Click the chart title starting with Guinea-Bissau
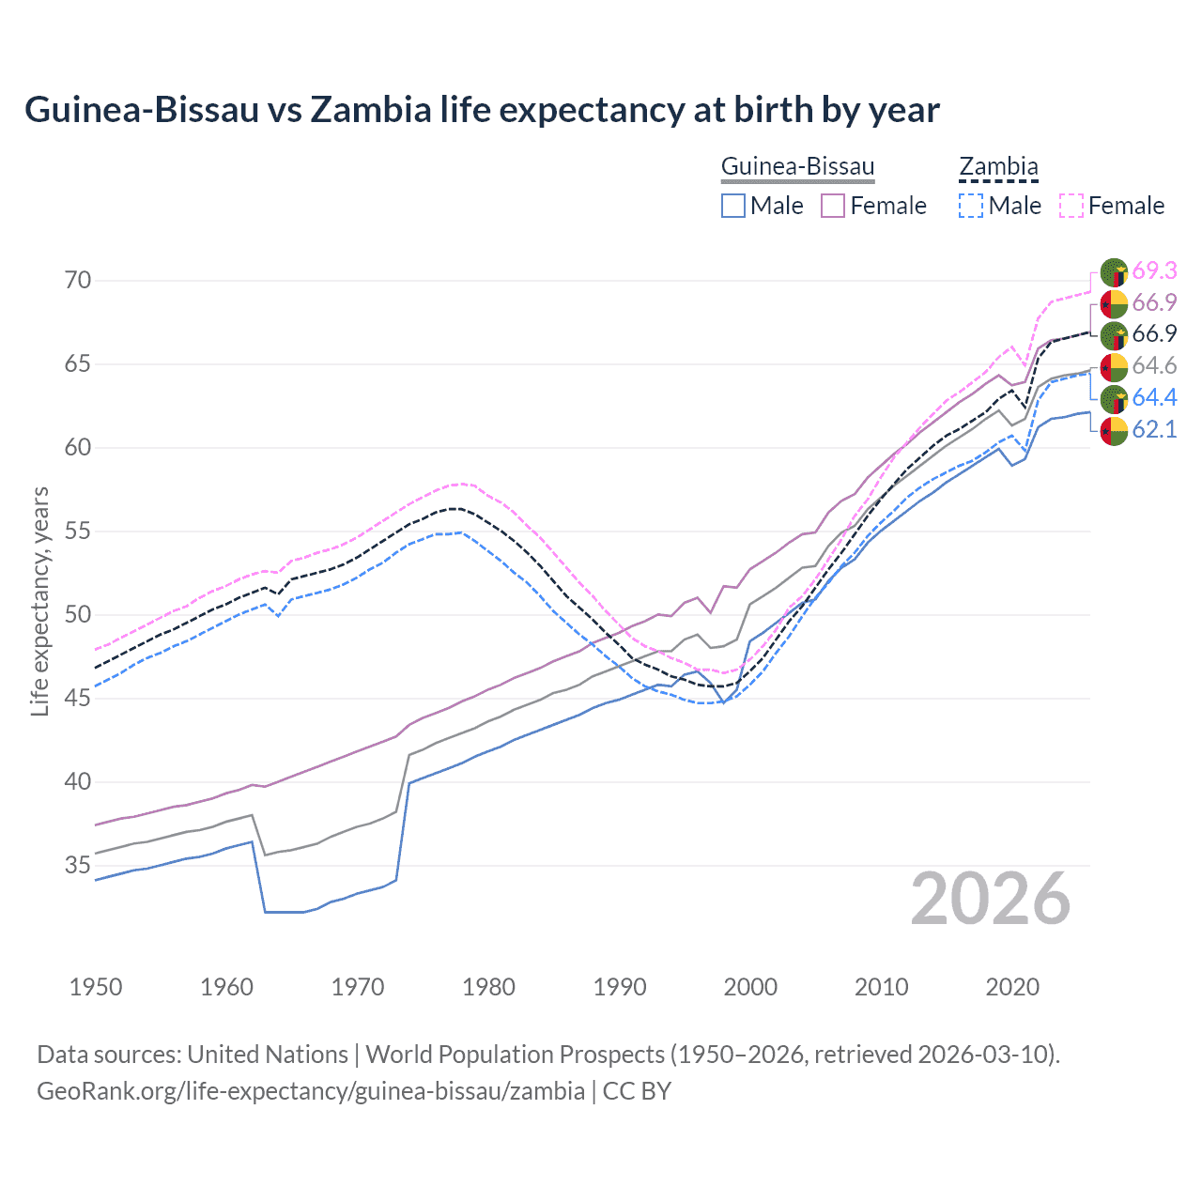pos(482,110)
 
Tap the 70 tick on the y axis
pos(78,280)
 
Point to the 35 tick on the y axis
pos(78,865)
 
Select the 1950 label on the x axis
pos(96,987)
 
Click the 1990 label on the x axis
pos(620,987)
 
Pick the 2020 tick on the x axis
pos(1012,987)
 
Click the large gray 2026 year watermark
pos(991,899)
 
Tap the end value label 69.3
pos(1154,270)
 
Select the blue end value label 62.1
pos(1154,429)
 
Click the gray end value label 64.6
pos(1154,365)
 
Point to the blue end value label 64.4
pos(1154,397)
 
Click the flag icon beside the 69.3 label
pos(1114,272)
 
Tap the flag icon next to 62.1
pos(1114,431)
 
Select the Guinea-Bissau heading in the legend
pos(797,166)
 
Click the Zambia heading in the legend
pos(998,166)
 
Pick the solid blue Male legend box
pos(733,206)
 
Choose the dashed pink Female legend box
pos(1071,206)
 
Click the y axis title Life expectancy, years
pos(40,601)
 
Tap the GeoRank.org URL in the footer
pos(311,1091)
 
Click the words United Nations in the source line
pos(268,1055)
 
